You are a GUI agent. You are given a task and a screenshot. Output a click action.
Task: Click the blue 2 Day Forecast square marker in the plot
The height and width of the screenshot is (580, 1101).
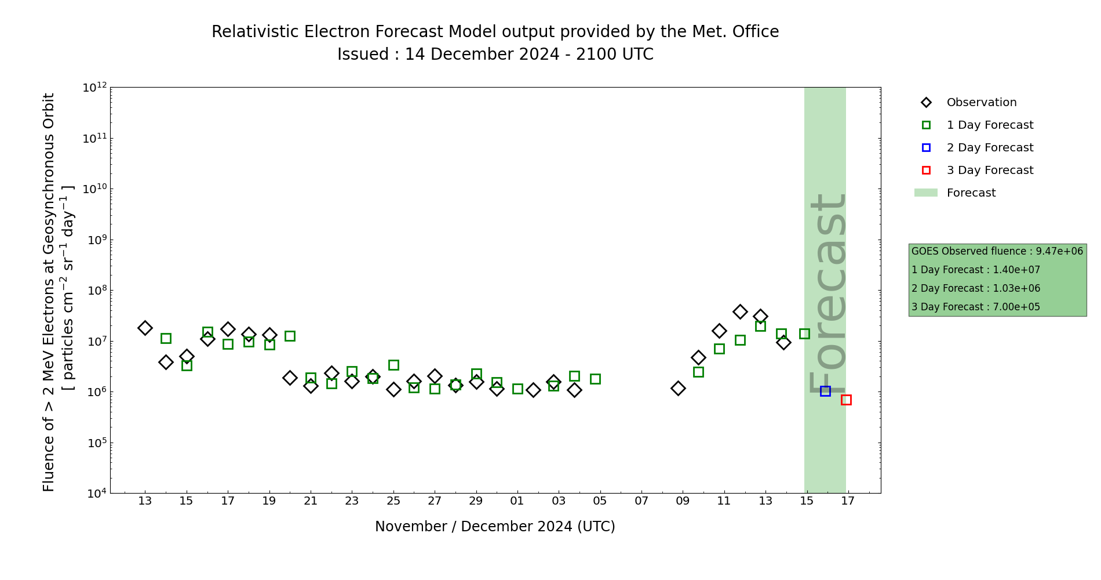[x=825, y=391]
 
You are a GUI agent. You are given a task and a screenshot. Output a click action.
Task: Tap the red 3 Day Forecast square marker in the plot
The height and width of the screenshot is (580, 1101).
[x=846, y=400]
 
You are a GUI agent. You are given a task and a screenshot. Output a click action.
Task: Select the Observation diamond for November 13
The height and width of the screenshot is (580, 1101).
[x=145, y=328]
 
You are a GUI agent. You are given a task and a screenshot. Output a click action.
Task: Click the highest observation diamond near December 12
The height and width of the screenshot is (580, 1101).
[x=740, y=311]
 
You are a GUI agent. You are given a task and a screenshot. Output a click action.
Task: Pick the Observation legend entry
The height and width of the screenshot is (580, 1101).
[x=981, y=103]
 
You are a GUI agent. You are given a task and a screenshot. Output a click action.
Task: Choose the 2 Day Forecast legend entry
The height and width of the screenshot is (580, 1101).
[x=989, y=148]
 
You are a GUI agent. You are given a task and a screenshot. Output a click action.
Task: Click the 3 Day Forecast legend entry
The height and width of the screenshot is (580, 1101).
[x=989, y=171]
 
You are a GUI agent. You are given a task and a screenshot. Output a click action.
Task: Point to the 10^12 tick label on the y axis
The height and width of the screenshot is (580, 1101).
[x=94, y=88]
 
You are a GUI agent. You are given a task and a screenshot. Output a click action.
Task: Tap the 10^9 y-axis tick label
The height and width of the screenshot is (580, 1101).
[x=94, y=240]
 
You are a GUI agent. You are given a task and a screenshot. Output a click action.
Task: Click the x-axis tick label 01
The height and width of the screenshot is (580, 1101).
[x=517, y=501]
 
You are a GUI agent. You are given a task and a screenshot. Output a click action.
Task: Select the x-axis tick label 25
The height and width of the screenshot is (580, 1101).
[x=393, y=501]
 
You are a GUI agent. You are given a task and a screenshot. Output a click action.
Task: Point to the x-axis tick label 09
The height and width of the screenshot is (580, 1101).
[x=683, y=501]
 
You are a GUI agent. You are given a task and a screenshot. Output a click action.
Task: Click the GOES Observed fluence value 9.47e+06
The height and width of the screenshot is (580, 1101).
[x=1059, y=252]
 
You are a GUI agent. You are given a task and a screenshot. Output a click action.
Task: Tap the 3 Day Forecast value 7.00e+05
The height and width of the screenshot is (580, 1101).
[x=1016, y=307]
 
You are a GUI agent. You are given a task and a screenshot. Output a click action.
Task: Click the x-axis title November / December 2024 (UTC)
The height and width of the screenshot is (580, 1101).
[x=495, y=527]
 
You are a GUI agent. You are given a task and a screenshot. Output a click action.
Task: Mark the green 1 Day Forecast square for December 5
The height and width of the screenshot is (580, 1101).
[x=595, y=379]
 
